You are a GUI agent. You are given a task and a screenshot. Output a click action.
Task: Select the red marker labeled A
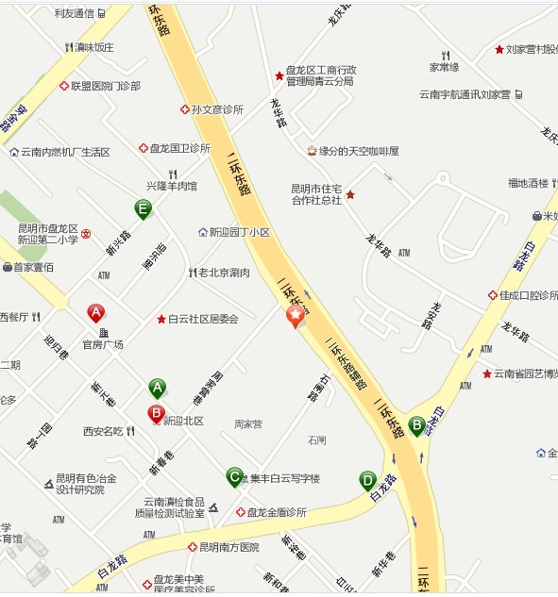tap(95, 313)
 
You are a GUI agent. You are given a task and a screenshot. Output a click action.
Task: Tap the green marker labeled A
tap(157, 388)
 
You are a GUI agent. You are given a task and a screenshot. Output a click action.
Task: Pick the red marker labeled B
tap(156, 413)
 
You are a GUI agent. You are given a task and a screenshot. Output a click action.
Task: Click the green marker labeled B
tap(416, 426)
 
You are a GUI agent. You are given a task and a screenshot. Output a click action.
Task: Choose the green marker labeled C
tap(234, 477)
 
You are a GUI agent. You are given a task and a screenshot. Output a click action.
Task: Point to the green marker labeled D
tap(367, 481)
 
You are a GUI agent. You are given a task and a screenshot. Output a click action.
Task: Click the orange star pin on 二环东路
tap(296, 317)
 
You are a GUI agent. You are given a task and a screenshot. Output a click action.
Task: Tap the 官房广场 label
tap(103, 344)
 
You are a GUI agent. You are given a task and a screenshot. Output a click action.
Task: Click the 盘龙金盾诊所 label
tap(276, 512)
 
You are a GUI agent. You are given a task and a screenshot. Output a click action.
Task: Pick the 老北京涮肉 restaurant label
tap(223, 273)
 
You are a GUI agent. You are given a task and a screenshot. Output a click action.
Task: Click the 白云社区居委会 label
tap(203, 319)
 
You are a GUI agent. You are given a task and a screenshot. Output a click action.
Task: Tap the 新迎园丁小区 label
tap(239, 232)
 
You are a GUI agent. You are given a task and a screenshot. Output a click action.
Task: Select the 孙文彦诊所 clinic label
tap(216, 109)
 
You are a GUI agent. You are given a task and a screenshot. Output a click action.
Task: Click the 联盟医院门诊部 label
tap(105, 86)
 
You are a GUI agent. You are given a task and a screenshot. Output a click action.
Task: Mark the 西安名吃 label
tap(103, 431)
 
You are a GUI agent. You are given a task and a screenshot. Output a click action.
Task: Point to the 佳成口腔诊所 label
tap(528, 295)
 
